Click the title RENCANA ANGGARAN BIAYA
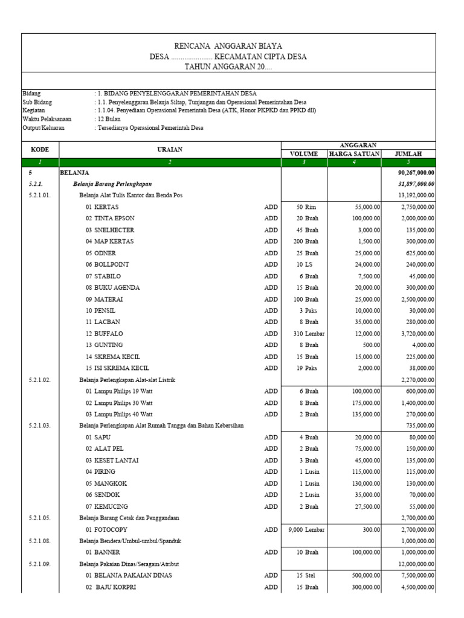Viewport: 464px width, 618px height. (x=228, y=46)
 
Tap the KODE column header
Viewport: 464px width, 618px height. (x=40, y=149)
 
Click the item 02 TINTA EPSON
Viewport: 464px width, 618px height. (x=110, y=218)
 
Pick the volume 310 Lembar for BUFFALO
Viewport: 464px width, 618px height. (x=304, y=334)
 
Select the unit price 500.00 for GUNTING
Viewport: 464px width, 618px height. (x=370, y=345)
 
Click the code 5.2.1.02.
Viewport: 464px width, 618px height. (x=40, y=380)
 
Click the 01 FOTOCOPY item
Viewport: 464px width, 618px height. (x=107, y=529)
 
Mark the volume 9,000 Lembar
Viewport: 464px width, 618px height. (x=304, y=529)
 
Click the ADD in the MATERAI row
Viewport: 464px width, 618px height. (x=271, y=299)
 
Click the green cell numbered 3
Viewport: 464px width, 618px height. (x=304, y=162)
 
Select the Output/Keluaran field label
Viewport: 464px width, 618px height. (x=43, y=128)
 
